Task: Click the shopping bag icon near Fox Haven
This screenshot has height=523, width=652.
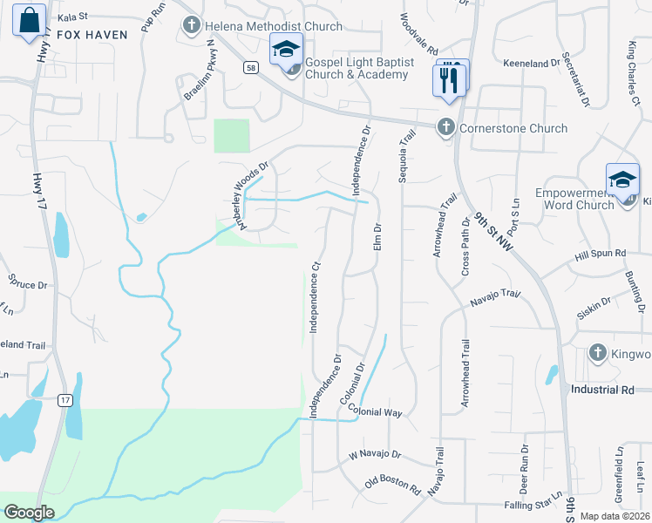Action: (x=29, y=19)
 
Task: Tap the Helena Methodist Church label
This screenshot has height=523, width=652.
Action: (x=273, y=26)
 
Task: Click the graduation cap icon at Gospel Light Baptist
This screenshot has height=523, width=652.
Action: (x=285, y=51)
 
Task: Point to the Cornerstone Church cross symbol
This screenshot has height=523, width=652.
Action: (x=445, y=128)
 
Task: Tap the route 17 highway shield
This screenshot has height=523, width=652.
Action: (x=65, y=400)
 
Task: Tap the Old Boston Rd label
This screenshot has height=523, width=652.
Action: (x=393, y=484)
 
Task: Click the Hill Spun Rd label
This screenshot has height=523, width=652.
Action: (x=601, y=254)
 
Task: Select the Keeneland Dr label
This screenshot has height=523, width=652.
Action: (x=532, y=64)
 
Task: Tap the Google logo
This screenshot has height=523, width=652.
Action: (x=29, y=513)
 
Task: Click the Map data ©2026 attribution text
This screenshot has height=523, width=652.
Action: (x=615, y=516)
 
